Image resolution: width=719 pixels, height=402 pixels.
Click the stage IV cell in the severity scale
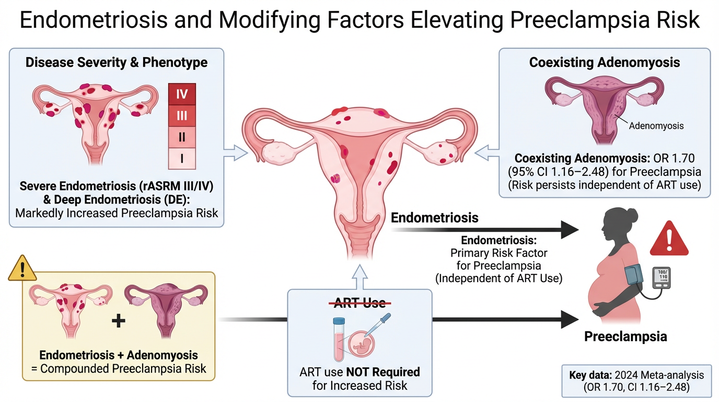point(181,95)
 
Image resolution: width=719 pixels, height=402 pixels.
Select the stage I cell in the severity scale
point(181,158)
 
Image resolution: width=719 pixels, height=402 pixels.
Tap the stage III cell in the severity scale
point(181,115)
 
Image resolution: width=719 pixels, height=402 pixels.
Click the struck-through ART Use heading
point(360,303)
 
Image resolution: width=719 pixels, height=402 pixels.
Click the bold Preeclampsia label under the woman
point(625,336)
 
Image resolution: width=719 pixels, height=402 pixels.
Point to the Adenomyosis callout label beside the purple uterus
point(656,126)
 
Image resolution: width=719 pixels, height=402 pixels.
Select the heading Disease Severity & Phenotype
point(117,62)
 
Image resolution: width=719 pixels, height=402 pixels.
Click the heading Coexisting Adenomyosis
point(604,62)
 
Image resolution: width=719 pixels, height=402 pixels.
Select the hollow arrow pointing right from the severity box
point(235,152)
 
